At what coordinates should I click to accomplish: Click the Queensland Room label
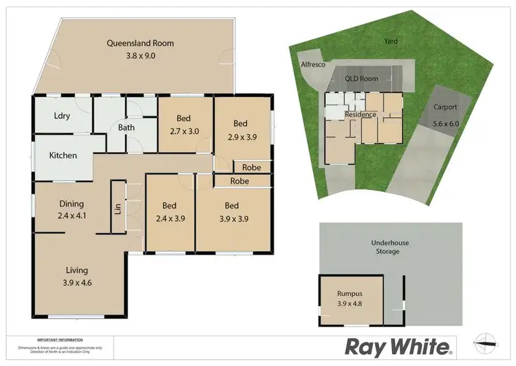(140, 50)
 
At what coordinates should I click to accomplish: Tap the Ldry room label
(62, 116)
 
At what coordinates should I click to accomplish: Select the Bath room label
(125, 127)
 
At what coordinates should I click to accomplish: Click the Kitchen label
(63, 155)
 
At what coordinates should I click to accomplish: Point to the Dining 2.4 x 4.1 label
(71, 209)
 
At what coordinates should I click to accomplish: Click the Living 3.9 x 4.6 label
(77, 276)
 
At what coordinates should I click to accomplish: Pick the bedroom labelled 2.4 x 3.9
(169, 212)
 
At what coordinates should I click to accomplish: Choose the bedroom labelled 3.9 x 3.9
(231, 211)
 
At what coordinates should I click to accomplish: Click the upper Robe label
(250, 167)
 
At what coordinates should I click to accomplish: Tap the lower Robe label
(239, 182)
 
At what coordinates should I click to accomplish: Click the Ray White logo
(398, 345)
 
